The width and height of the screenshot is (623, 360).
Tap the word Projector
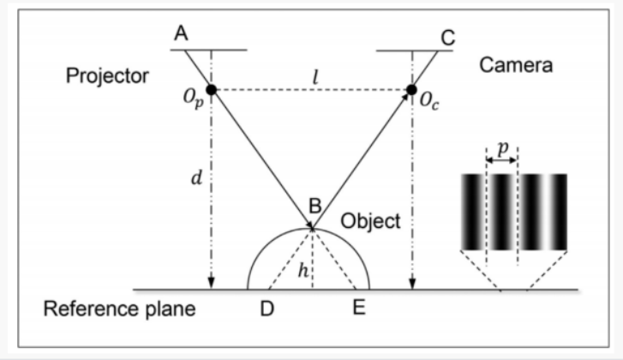[x=107, y=75]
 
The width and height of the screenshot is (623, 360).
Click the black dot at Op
[x=210, y=88]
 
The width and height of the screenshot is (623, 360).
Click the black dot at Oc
[x=412, y=89]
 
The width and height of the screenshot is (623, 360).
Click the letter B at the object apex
[x=314, y=207]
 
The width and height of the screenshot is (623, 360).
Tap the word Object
[x=370, y=221]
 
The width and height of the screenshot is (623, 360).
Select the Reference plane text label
[x=120, y=309]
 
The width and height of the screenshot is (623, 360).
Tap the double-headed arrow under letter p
[x=501, y=159]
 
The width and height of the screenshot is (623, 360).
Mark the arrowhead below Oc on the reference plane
[x=412, y=285]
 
